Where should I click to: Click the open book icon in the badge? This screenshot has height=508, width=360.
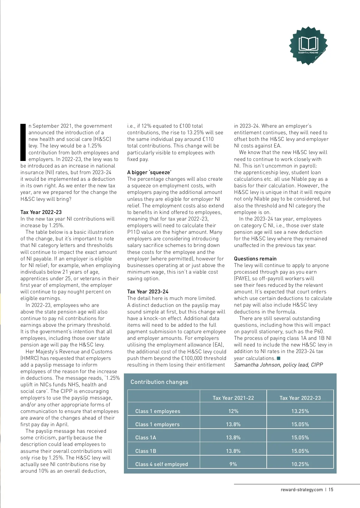coord(308,44)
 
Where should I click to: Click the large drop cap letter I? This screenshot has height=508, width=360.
coord(23,142)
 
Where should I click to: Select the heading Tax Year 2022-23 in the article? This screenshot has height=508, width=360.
coord(41,212)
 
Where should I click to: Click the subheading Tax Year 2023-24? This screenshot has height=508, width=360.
coord(148,292)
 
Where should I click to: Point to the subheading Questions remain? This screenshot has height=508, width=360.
coord(255,259)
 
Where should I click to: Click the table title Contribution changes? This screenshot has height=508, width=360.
coord(159,382)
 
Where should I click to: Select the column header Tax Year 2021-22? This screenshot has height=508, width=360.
coord(233,398)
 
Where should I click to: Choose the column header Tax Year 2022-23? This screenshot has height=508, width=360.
coord(300,398)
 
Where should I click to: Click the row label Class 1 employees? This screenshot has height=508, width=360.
coord(158,411)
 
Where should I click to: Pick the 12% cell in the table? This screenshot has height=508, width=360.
coord(233,411)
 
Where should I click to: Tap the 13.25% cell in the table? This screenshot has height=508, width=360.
coord(300,411)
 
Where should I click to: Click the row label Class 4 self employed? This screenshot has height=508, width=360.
coord(162,464)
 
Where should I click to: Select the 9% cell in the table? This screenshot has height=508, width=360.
coord(233,464)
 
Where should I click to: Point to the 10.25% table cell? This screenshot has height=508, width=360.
coord(300,464)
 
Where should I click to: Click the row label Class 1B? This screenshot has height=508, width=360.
coord(146,451)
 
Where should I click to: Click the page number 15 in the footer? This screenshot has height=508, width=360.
coord(331,490)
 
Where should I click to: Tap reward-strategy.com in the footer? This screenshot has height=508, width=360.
coord(301,490)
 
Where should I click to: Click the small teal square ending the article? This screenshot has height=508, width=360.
coord(278,358)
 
